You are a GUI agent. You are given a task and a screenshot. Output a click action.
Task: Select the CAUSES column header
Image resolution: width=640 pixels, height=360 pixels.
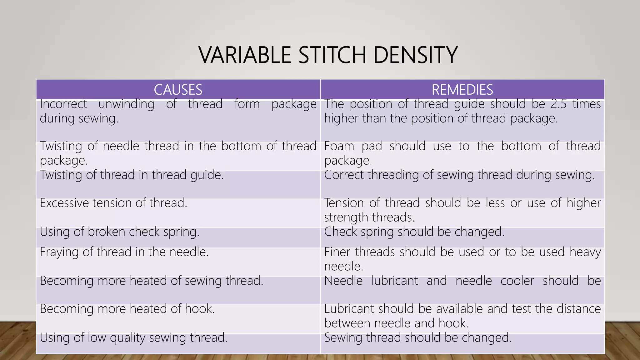(x=178, y=90)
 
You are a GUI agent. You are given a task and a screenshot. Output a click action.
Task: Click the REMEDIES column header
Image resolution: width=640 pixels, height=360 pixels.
(x=462, y=90)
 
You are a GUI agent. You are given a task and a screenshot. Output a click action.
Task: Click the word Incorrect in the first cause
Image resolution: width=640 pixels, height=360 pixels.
(x=63, y=104)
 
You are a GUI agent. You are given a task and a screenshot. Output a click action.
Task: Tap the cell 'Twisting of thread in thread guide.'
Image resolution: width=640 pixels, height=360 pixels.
(x=132, y=175)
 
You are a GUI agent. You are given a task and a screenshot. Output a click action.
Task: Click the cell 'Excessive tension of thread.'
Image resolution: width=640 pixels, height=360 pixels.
(x=113, y=203)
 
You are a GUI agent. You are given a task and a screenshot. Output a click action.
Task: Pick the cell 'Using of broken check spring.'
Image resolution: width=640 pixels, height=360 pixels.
(x=119, y=232)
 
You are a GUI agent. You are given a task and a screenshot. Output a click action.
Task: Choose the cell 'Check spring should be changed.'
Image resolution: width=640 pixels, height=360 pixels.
(x=414, y=232)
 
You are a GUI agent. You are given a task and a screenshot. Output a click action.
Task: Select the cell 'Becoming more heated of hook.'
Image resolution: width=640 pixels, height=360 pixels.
(x=127, y=309)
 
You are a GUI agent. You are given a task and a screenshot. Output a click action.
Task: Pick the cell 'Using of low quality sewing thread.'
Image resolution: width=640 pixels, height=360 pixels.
(x=133, y=338)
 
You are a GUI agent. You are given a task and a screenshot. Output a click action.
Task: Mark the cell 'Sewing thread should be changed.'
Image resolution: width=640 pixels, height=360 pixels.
(x=417, y=338)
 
